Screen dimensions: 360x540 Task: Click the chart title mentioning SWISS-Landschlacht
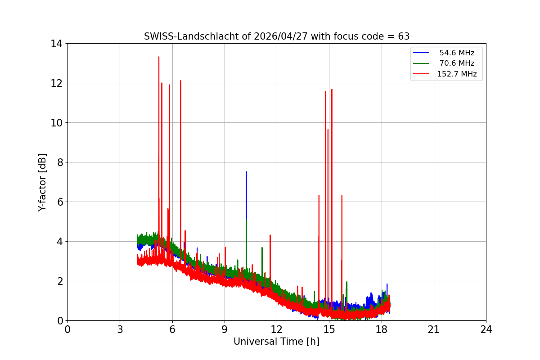[x=276, y=36]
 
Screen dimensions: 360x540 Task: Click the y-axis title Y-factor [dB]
[x=42, y=182]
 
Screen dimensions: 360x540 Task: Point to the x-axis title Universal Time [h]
[x=276, y=342]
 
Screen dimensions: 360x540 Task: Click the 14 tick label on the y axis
[x=56, y=44]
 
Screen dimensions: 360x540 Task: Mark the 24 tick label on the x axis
[x=486, y=329]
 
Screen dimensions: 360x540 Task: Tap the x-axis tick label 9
[x=225, y=329]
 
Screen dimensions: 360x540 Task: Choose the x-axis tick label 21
[x=434, y=329]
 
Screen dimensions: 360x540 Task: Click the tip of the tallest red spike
[x=159, y=57]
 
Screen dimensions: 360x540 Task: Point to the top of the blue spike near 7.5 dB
[x=246, y=171]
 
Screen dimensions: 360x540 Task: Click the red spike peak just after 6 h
[x=180, y=81]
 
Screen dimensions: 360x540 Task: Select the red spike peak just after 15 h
[x=332, y=89]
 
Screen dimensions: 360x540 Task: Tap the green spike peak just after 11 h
[x=262, y=247]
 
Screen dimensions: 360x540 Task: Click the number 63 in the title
[x=404, y=36]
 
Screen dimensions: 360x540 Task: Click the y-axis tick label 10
[x=56, y=123]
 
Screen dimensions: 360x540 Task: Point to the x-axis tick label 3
[x=120, y=329]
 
